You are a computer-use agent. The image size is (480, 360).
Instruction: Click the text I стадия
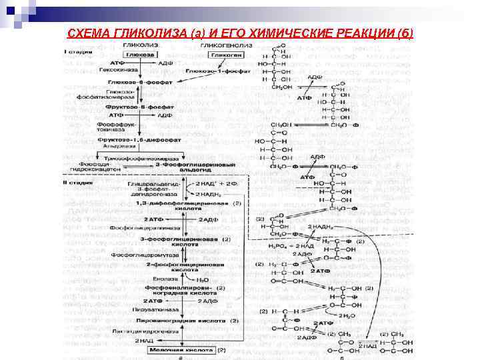pyautogui.click(x=74, y=51)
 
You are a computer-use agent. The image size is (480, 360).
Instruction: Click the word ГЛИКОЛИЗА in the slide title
pyautogui.click(x=134, y=33)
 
